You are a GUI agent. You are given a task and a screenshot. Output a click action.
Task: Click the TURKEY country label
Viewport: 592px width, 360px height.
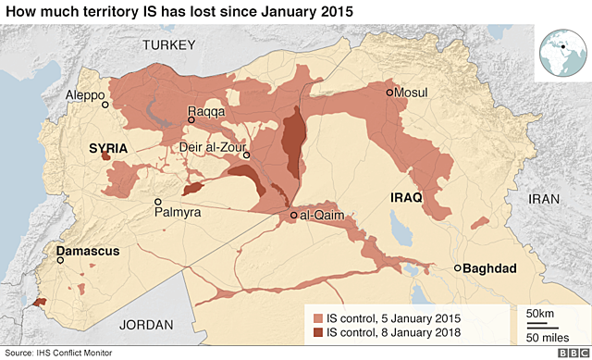tap(167, 45)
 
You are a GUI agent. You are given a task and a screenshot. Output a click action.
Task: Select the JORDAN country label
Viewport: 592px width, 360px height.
tap(147, 324)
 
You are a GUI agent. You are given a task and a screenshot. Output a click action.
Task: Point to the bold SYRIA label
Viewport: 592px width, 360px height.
tap(107, 148)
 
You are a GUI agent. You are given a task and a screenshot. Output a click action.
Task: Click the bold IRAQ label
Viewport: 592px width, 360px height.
tap(406, 198)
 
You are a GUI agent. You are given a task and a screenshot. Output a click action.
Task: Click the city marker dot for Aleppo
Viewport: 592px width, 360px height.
tap(105, 105)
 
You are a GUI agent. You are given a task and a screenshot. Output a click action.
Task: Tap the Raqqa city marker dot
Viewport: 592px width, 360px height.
tap(191, 119)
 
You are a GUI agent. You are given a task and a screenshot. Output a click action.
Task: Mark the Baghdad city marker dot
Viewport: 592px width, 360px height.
tap(457, 268)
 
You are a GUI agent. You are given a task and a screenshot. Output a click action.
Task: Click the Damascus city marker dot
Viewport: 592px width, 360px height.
tap(62, 260)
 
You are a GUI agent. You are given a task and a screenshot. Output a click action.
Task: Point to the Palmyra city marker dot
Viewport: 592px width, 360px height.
tap(158, 201)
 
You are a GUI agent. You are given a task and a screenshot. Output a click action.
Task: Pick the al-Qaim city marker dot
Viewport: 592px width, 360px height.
tap(293, 216)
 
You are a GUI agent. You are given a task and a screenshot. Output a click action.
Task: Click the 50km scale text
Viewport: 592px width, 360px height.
tap(541, 315)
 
